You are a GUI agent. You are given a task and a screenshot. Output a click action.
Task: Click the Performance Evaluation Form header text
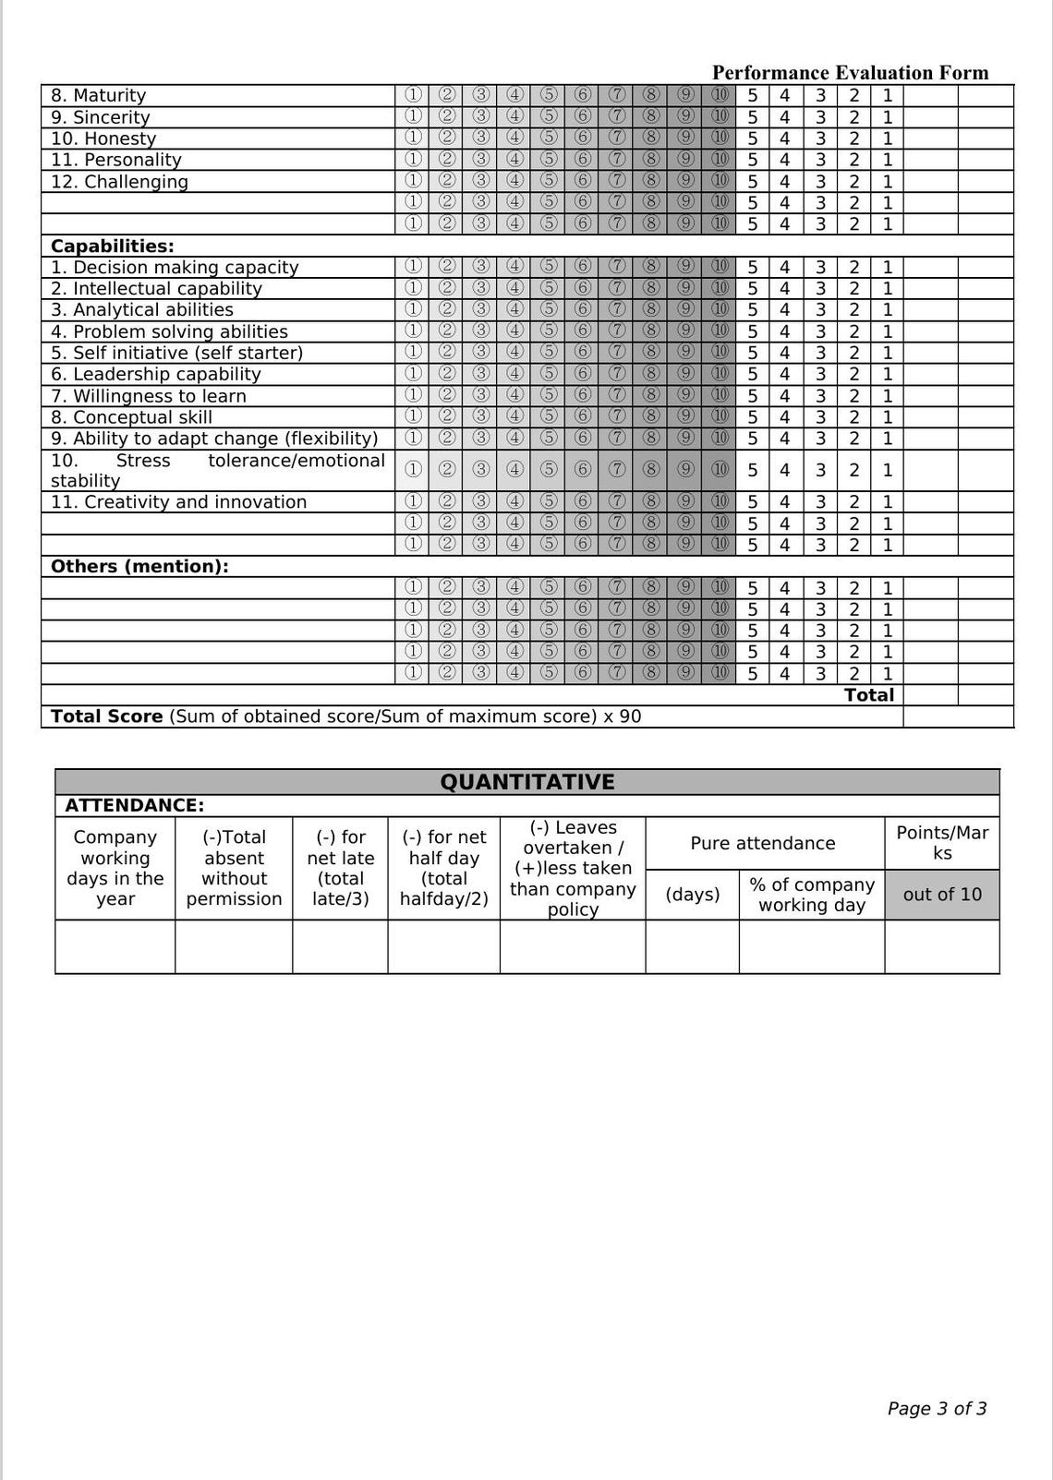point(850,73)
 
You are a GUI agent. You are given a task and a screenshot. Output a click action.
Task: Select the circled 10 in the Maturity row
point(720,95)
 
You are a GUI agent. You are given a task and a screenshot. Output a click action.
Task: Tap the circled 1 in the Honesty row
point(413,138)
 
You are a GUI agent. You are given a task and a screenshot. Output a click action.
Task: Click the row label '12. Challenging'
point(119,182)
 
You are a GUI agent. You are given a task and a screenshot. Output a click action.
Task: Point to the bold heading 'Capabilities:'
point(113,247)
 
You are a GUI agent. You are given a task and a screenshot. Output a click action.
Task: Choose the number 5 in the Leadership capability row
point(753,374)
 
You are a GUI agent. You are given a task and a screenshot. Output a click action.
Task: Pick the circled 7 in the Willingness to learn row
point(617,395)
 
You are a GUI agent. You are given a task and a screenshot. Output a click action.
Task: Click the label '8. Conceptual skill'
point(131,417)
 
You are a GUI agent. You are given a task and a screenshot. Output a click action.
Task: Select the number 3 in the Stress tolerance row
point(820,470)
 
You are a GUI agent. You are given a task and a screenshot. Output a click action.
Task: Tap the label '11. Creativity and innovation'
point(178,502)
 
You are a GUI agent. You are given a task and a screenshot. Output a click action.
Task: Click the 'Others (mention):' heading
point(139,567)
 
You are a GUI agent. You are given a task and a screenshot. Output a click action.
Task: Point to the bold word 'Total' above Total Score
point(868,695)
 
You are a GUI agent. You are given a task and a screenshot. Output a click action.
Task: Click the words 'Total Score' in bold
point(106,716)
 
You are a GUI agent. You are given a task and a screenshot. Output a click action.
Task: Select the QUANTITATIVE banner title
point(526,782)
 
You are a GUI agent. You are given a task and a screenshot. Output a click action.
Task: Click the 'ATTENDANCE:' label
point(135,805)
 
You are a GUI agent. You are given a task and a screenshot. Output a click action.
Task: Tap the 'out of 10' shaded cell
point(941,894)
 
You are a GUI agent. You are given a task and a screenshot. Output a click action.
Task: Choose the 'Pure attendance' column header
point(763,843)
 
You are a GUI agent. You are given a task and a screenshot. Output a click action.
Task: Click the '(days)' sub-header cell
point(692,894)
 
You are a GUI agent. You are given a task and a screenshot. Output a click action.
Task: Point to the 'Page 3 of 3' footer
point(937,1408)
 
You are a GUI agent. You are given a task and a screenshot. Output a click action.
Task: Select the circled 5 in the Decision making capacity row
point(549,267)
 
